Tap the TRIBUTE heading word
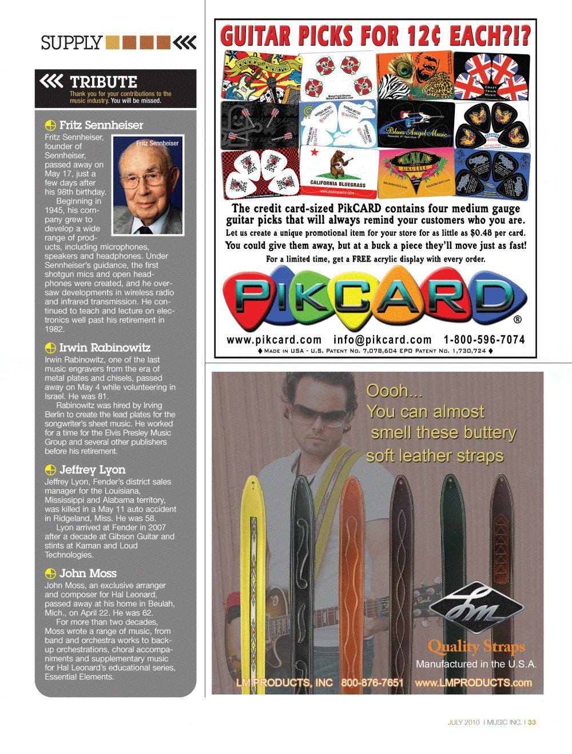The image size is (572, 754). [x=104, y=82]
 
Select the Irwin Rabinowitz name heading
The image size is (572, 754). [x=105, y=348]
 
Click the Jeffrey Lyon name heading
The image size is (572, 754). [x=92, y=470]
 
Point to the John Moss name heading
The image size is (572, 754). [x=88, y=573]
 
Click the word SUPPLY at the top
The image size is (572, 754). [x=71, y=43]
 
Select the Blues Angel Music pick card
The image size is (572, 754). [x=416, y=125]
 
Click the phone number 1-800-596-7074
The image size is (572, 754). [x=484, y=340]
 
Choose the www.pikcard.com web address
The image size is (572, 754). [x=274, y=340]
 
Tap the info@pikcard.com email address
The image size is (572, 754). [x=382, y=340]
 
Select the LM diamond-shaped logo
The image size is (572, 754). [x=476, y=608]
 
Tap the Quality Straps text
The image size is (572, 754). [x=476, y=646]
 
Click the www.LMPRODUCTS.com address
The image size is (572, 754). [x=473, y=682]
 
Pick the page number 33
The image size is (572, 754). [x=532, y=723]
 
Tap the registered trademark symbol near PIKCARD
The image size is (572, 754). [x=517, y=320]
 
